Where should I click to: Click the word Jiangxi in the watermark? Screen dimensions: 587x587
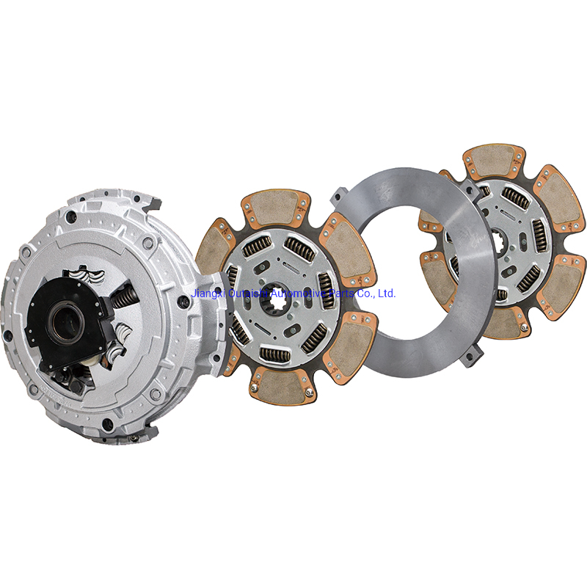click(x=207, y=293)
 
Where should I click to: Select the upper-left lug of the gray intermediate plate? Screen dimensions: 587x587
click(x=339, y=196)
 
